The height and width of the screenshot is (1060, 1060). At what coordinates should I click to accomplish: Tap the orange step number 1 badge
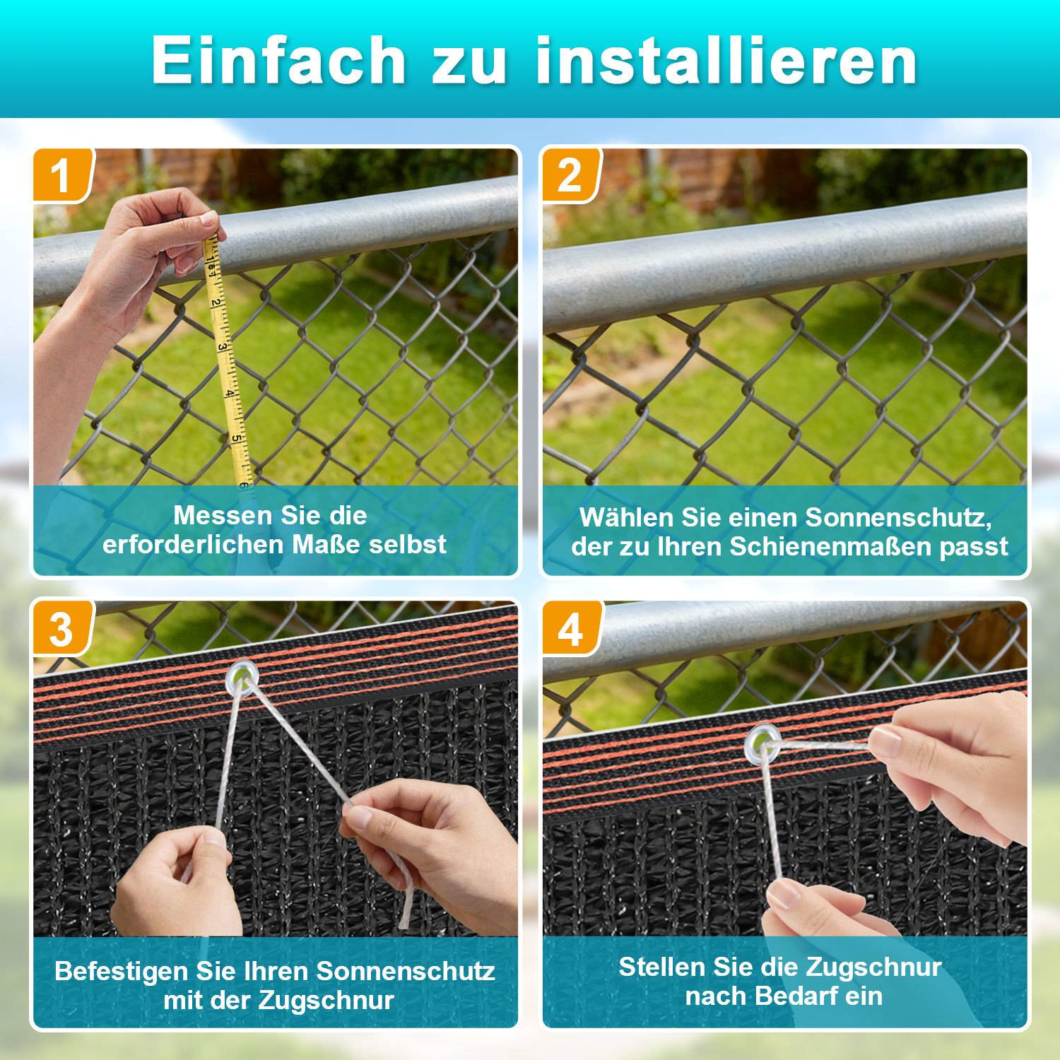tap(61, 175)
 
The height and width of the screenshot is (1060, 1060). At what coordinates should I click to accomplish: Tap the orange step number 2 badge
tap(570, 175)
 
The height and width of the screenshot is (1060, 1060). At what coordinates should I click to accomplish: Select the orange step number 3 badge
tap(61, 628)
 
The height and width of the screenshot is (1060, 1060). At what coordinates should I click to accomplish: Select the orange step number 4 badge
tap(570, 628)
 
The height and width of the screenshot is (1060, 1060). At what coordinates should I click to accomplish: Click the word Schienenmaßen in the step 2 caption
tap(831, 547)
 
